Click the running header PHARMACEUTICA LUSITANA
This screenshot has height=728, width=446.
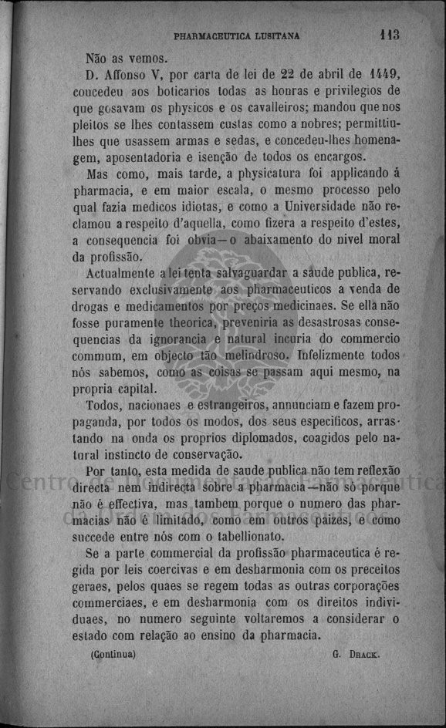[237, 35]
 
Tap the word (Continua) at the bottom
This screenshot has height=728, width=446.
[113, 653]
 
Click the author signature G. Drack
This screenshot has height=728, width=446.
[356, 654]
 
